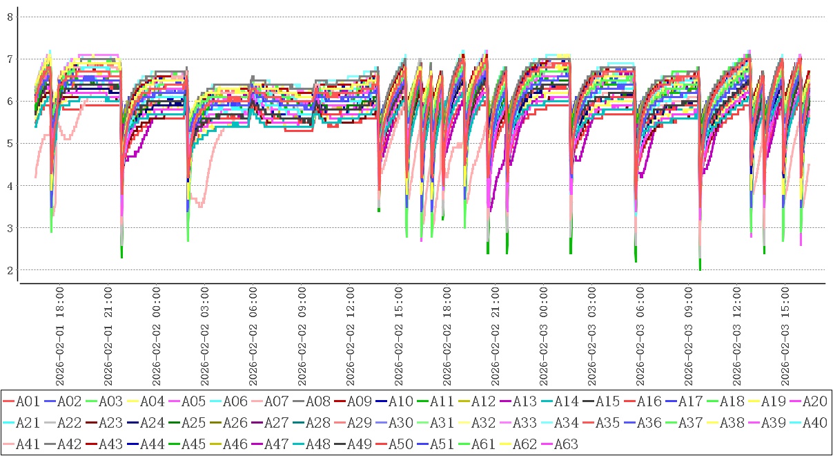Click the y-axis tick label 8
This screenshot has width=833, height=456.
tap(10, 17)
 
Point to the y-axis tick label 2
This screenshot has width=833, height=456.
tap(10, 270)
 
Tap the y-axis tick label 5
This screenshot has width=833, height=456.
tap(10, 144)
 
